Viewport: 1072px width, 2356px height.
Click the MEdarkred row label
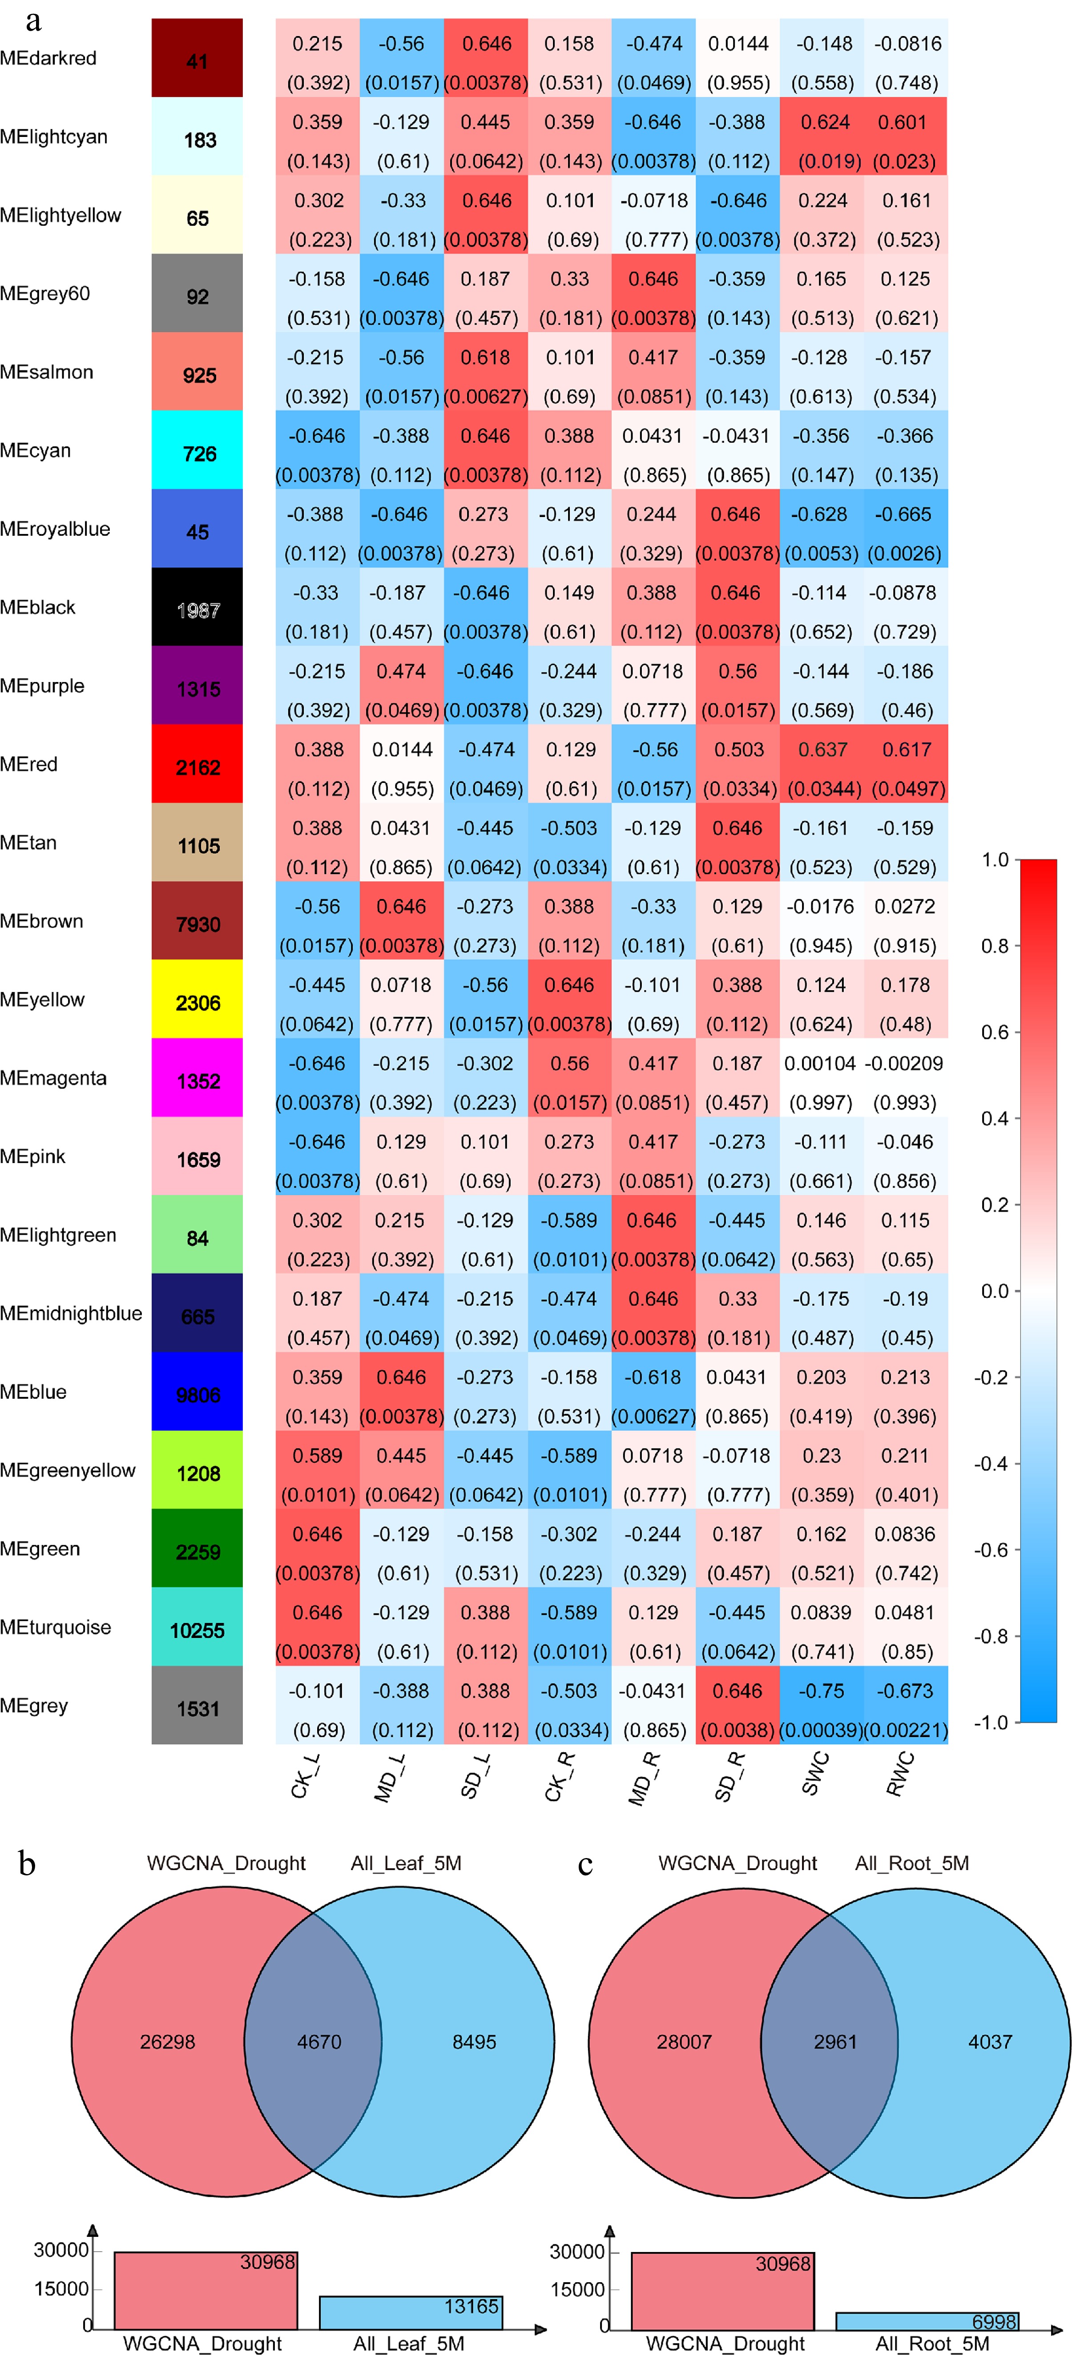point(48,59)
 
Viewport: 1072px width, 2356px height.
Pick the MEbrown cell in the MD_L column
point(402,921)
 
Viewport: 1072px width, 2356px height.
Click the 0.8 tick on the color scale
point(995,946)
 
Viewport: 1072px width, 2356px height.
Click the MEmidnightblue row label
point(71,1313)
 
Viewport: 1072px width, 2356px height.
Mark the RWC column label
point(899,1774)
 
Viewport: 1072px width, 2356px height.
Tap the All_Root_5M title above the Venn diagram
point(912,1863)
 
